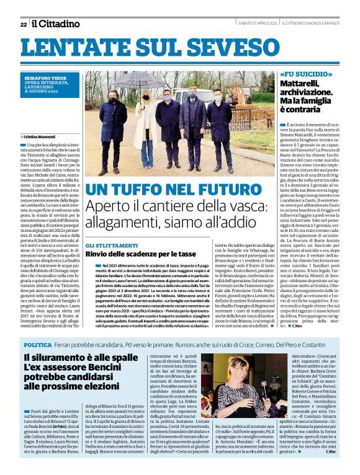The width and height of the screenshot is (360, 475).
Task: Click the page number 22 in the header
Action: pos(23,24)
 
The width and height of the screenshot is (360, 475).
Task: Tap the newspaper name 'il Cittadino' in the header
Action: pos(56,24)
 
